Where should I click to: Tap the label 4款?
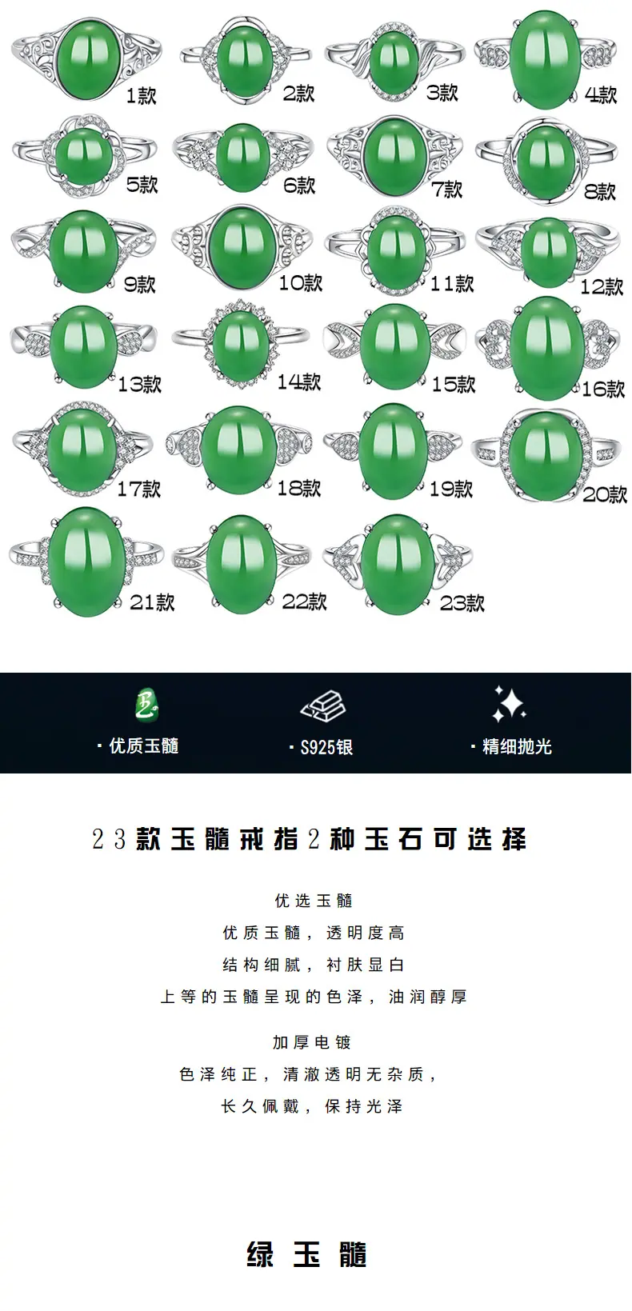click(601, 94)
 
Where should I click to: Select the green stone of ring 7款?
click(394, 156)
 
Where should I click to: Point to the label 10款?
click(300, 283)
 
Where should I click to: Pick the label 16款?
click(603, 389)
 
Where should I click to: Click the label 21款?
click(152, 602)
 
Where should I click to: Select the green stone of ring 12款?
click(548, 252)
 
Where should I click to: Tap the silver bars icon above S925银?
click(323, 703)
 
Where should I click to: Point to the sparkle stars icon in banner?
click(508, 703)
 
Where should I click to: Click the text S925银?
click(326, 747)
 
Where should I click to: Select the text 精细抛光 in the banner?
click(517, 747)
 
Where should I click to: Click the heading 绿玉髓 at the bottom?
click(306, 1254)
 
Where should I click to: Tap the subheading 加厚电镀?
click(312, 1041)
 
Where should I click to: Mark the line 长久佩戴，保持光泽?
click(312, 1106)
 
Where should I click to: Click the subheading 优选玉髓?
click(314, 900)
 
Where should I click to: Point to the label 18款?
click(298, 488)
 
